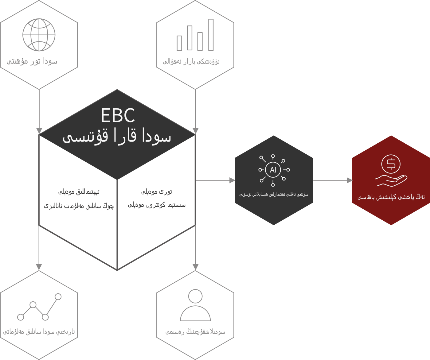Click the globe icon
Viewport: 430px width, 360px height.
coord(39,35)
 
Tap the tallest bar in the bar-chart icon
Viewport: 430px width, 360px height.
coord(211,35)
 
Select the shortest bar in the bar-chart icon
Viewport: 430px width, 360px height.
coord(179,43)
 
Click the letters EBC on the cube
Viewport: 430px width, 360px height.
coord(118,115)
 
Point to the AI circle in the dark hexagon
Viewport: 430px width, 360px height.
coord(273,170)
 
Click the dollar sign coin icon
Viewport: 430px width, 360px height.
coord(391,164)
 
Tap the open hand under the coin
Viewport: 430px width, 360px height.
coord(391,181)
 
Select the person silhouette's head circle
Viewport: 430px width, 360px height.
coord(195,296)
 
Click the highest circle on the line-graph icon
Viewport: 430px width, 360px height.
coord(58,296)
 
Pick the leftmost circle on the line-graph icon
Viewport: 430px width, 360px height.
coord(21,317)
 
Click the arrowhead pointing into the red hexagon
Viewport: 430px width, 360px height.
coord(350,180)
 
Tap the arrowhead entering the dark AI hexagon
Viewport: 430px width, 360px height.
coord(232,180)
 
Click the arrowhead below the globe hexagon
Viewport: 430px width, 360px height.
coord(39,131)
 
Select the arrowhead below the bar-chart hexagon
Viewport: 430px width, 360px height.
coord(195,131)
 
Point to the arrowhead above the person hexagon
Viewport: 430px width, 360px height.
coord(195,267)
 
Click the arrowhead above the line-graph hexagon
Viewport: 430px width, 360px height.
coord(39,267)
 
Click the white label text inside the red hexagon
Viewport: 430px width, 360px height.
coord(391,197)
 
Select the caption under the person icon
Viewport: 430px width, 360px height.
coord(195,332)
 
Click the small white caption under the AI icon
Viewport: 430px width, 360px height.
coord(274,194)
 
